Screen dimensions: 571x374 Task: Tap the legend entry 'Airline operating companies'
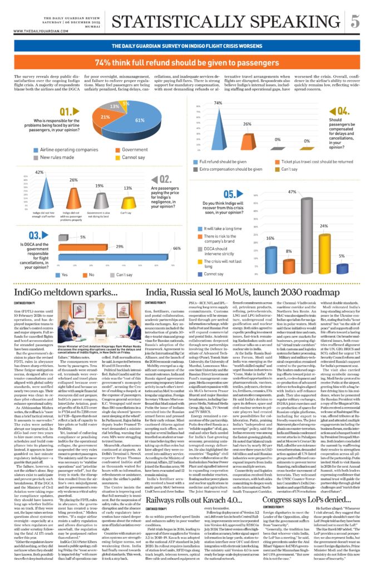(61, 150)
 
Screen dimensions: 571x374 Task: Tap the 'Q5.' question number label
(216, 195)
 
